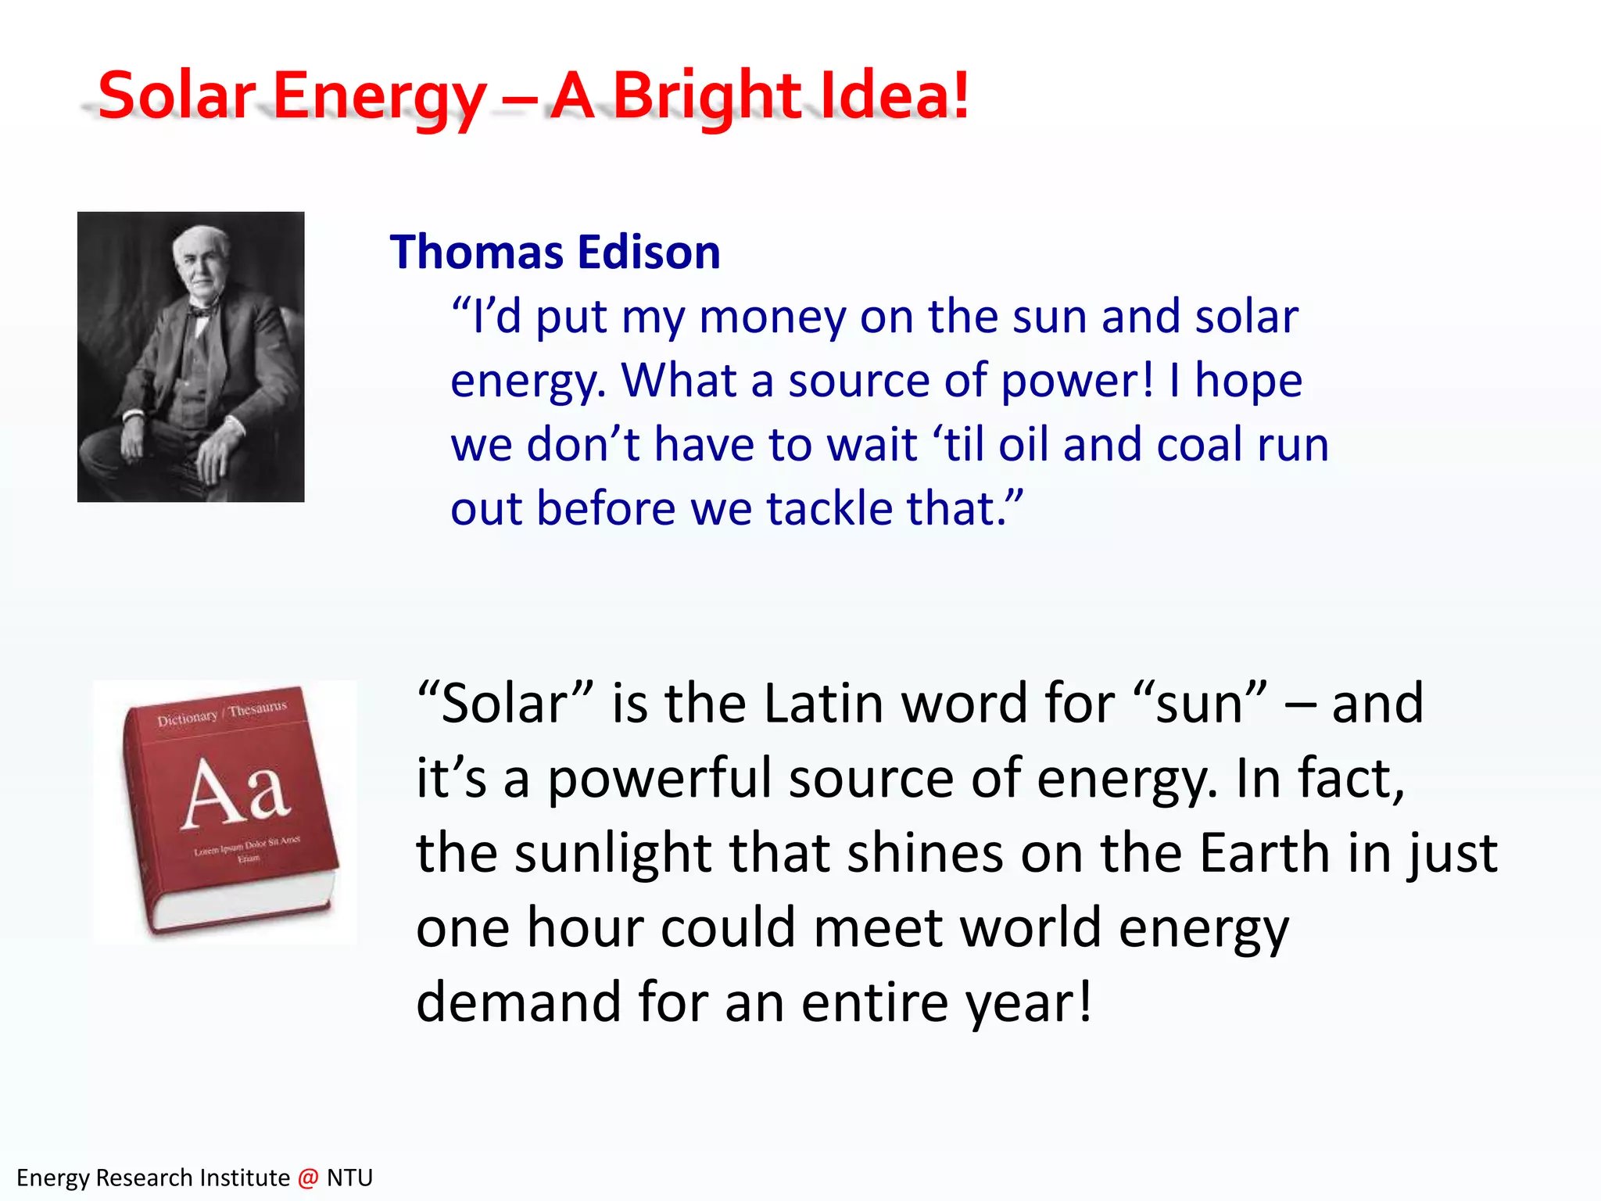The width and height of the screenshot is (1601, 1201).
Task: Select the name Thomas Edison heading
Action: pyautogui.click(x=555, y=252)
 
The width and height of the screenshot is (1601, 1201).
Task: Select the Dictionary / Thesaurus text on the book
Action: pyautogui.click(x=222, y=712)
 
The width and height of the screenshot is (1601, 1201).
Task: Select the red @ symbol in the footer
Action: pyautogui.click(x=308, y=1178)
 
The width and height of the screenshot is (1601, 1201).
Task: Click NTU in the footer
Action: pyautogui.click(x=349, y=1178)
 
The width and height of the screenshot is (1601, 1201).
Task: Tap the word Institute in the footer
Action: pyautogui.click(x=244, y=1178)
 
